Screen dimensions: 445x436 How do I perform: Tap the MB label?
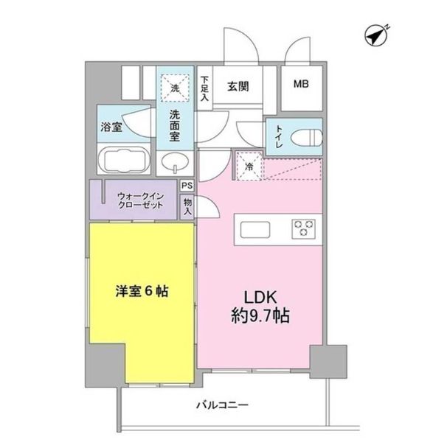coord(302,83)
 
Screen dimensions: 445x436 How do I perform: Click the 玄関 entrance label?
coord(238,85)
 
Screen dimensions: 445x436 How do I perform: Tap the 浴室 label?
coord(112,127)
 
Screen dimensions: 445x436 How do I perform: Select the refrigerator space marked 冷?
coord(249,166)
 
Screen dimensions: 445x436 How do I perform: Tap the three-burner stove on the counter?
coord(303,228)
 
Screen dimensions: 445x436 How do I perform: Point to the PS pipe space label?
coord(187,186)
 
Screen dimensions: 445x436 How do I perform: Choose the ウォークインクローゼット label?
coord(136,201)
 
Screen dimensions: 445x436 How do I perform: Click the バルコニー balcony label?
coord(221,404)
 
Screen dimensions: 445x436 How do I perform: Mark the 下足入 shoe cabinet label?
coord(204,85)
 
